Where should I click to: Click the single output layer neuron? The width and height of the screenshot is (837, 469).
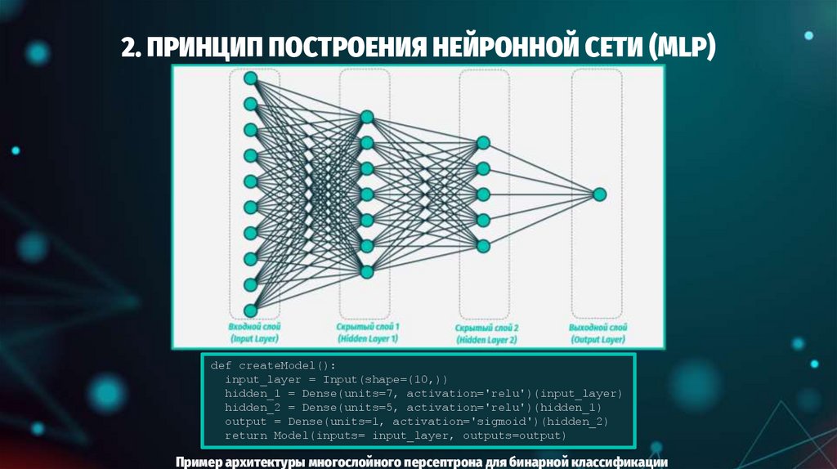(x=599, y=194)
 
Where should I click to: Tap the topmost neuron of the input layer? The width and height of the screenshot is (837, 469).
(x=251, y=78)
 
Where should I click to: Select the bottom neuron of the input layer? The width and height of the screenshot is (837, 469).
(x=251, y=310)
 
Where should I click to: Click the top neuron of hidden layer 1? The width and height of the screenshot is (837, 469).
(x=367, y=117)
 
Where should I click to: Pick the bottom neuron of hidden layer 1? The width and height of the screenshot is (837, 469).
(x=367, y=272)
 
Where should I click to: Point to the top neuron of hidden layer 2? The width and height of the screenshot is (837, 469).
(x=483, y=143)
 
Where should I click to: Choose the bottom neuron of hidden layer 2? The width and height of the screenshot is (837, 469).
(x=483, y=246)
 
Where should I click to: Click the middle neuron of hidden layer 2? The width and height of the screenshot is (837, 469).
(x=483, y=194)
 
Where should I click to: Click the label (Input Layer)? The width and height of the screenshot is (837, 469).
(x=254, y=338)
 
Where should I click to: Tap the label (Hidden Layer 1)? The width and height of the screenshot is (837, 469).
(x=368, y=338)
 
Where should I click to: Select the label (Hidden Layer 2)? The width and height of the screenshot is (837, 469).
(x=487, y=339)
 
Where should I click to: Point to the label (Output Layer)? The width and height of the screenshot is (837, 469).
(x=597, y=338)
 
